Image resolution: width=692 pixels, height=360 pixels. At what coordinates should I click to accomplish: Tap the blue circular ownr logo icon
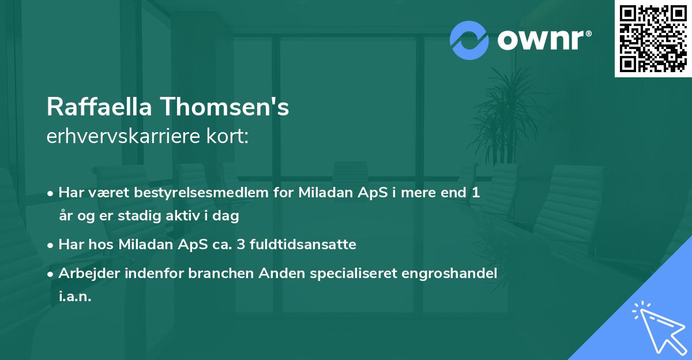[469, 40]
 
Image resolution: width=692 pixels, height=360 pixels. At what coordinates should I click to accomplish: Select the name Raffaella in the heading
[99, 107]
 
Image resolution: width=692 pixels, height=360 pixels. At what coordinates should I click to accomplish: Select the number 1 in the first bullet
[476, 193]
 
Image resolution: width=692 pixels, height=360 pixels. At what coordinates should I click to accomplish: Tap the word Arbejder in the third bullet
[86, 273]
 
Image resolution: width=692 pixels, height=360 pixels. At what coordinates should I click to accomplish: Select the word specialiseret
[334, 273]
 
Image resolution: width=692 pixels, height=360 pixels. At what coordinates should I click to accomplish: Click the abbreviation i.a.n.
[75, 297]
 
